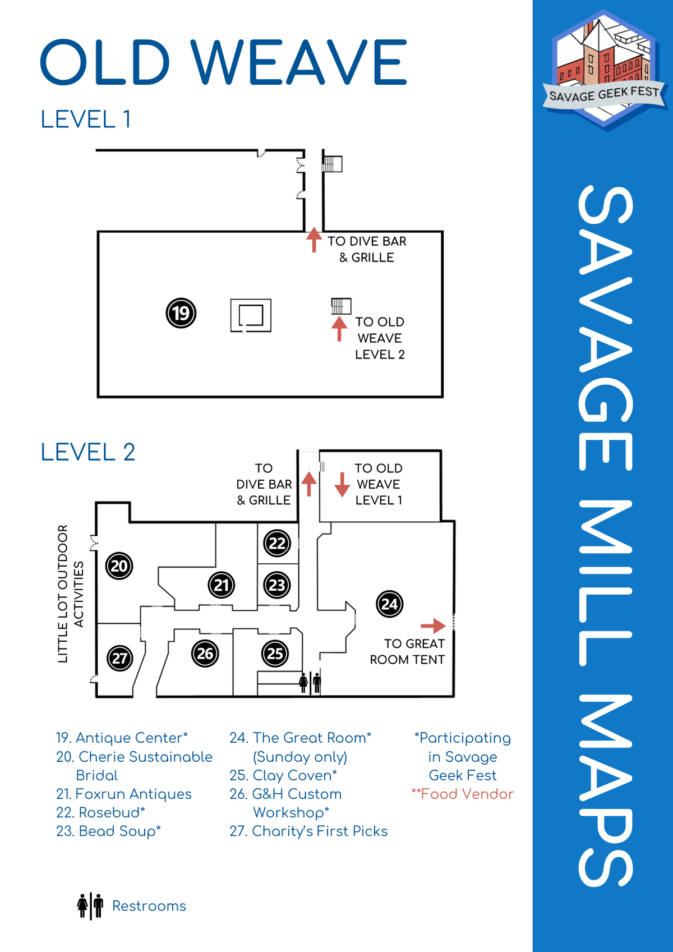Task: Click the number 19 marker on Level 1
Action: point(181,313)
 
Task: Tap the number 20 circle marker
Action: point(119,565)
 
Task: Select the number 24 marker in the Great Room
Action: point(389,604)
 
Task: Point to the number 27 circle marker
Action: point(119,658)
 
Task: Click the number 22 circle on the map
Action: point(277,543)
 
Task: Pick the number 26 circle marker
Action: point(205,654)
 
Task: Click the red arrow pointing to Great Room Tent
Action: point(433,625)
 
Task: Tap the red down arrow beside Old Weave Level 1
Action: point(342,485)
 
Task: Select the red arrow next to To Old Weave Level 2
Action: point(339,329)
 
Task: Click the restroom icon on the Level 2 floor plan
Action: point(310,682)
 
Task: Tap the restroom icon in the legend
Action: point(90,905)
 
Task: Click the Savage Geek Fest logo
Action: point(603,70)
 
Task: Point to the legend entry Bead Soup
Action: point(108,831)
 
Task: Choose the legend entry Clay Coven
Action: point(283,775)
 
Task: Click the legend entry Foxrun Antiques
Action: point(124,794)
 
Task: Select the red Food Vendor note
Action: point(462,794)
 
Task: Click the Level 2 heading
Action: point(88,452)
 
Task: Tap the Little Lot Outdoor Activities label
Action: point(70,594)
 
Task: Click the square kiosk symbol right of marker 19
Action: point(251,315)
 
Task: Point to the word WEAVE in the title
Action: point(299,62)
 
